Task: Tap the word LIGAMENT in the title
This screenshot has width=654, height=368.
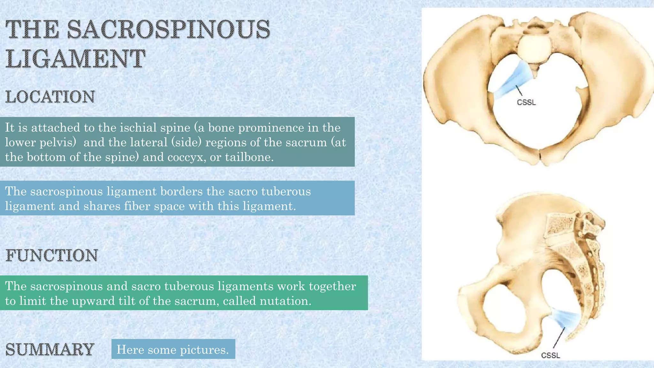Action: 75,59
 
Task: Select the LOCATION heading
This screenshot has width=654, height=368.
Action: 50,97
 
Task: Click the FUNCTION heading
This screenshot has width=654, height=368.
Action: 52,255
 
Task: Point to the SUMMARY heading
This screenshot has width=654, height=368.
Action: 50,349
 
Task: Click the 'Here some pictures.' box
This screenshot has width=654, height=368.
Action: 173,349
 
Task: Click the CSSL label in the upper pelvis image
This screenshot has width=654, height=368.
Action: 526,103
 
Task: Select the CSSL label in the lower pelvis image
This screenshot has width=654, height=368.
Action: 551,355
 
